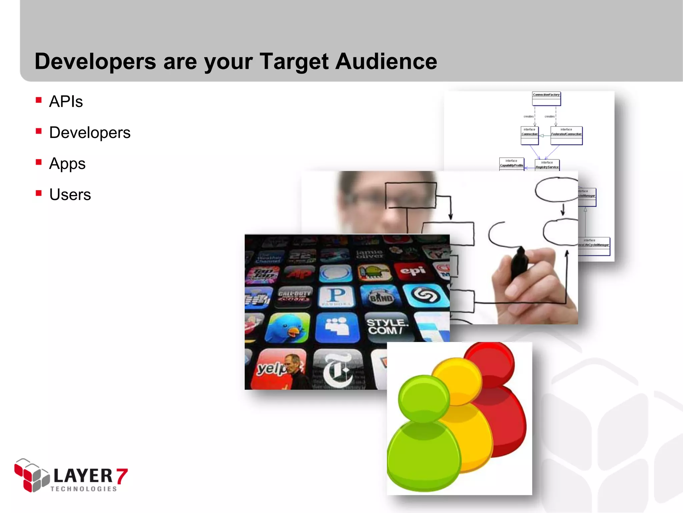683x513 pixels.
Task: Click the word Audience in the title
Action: (x=386, y=62)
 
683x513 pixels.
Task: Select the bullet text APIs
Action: (x=66, y=102)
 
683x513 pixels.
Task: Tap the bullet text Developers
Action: (x=90, y=133)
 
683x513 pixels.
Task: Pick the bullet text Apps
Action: (x=67, y=164)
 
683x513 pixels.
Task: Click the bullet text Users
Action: (x=70, y=195)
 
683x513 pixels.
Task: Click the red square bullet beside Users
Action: (x=39, y=193)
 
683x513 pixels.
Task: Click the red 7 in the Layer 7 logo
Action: (x=122, y=476)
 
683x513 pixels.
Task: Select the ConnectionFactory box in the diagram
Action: (x=546, y=99)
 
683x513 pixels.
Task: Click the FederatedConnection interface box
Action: (x=566, y=135)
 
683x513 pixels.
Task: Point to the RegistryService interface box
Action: (x=547, y=165)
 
